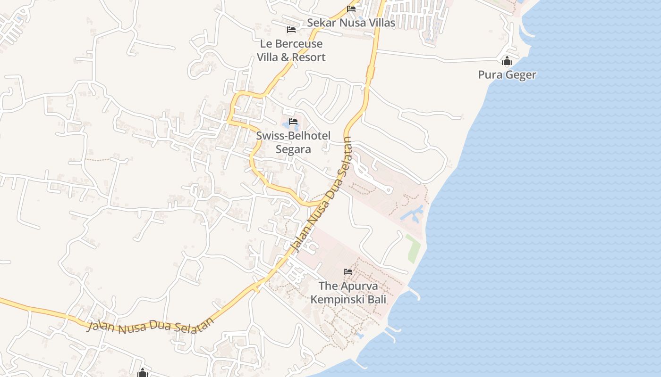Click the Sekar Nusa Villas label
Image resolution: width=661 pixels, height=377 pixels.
pos(351,23)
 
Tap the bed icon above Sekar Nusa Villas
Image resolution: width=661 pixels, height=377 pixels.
pos(351,8)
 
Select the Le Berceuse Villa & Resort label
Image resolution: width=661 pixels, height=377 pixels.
pos(291,50)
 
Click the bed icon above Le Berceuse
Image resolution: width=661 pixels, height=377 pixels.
pos(291,29)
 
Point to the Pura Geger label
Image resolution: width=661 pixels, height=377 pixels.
pos(507,74)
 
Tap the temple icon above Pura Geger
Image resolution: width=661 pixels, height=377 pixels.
pos(507,61)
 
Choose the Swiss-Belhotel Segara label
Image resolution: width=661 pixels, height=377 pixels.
pos(293,142)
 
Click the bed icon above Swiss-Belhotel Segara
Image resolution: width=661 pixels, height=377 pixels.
pos(293,122)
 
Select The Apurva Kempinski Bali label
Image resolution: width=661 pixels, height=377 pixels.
pos(348,292)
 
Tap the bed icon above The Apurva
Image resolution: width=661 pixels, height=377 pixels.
pos(348,271)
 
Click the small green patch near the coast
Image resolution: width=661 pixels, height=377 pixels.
pos(413,248)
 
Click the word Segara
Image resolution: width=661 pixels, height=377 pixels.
pos(293,149)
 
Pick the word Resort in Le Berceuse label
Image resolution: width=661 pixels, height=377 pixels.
pos(308,57)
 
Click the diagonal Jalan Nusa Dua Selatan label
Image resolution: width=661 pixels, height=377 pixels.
pos(322,193)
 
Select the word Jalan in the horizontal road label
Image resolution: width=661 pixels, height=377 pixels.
pos(100,326)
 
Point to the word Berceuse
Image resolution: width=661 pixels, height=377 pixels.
pos(299,44)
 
